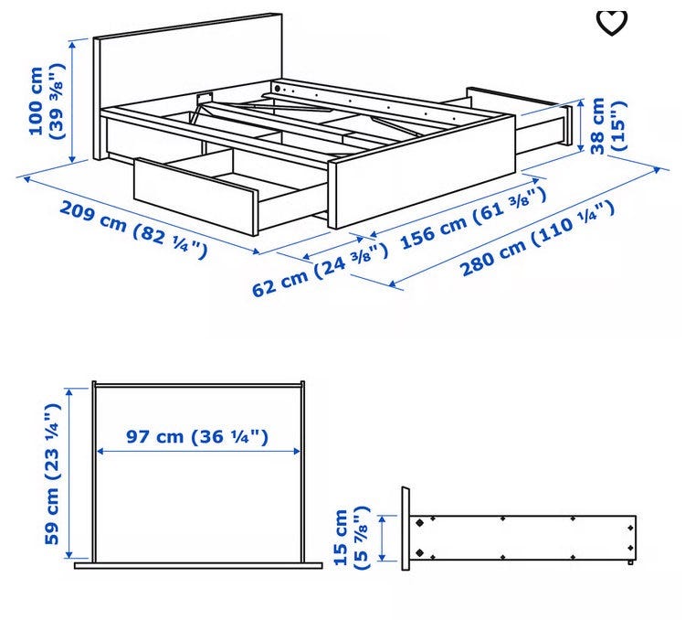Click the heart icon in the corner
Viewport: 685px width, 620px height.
[x=612, y=22]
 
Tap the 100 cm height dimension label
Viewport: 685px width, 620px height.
[x=47, y=102]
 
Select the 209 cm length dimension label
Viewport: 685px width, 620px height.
[x=132, y=230]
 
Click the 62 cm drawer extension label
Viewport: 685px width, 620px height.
[x=320, y=270]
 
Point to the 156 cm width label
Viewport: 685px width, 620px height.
[x=473, y=218]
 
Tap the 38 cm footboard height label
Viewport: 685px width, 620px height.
[x=608, y=126]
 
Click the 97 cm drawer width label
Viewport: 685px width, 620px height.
[x=197, y=436]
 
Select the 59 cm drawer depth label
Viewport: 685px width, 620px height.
[x=52, y=474]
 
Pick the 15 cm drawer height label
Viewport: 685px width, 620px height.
[x=352, y=538]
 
